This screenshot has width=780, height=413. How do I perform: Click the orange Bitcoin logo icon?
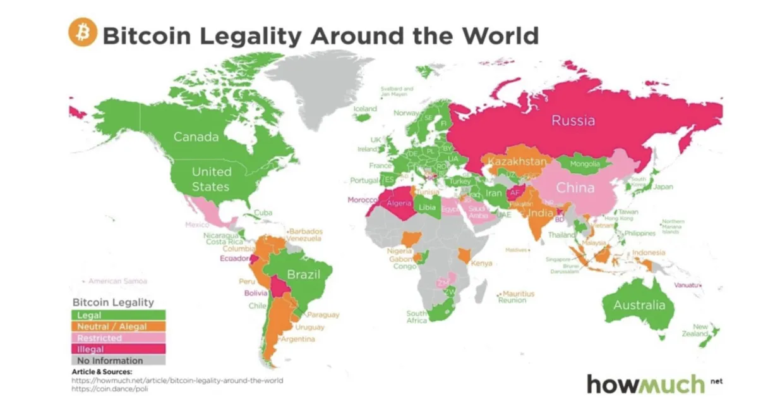pyautogui.click(x=82, y=32)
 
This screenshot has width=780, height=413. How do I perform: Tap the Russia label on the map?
pyautogui.click(x=573, y=120)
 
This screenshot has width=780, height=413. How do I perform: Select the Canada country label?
pyautogui.click(x=196, y=137)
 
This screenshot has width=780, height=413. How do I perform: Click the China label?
pyautogui.click(x=575, y=188)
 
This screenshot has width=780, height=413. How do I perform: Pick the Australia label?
pyautogui.click(x=640, y=305)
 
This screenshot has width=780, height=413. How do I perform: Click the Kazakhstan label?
pyautogui.click(x=516, y=162)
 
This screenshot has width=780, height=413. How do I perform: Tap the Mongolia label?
pyautogui.click(x=584, y=164)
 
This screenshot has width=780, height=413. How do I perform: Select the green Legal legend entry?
pyautogui.click(x=118, y=315)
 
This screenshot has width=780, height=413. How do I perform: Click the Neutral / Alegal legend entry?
pyautogui.click(x=118, y=326)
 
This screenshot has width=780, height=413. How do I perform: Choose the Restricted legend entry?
pyautogui.click(x=118, y=338)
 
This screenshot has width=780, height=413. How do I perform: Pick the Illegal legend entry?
pyautogui.click(x=118, y=349)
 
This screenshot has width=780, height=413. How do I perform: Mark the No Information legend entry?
pyautogui.click(x=118, y=361)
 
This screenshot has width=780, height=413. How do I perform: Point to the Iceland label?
pyautogui.click(x=364, y=109)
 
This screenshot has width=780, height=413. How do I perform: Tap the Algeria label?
pyautogui.click(x=398, y=203)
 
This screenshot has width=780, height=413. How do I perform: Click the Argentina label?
pyautogui.click(x=298, y=340)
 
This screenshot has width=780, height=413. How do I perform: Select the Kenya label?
pyautogui.click(x=481, y=263)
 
